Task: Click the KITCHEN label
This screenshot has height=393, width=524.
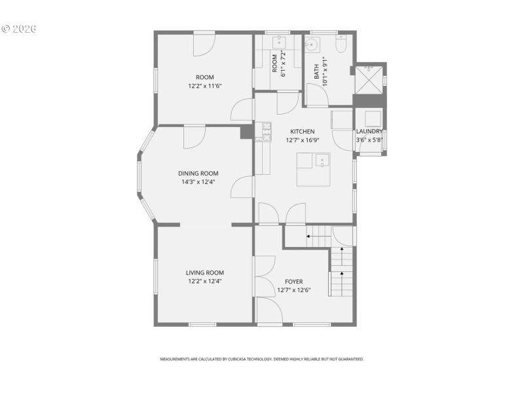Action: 303,132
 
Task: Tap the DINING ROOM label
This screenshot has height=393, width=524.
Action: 198,174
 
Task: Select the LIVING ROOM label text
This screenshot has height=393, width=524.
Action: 205,273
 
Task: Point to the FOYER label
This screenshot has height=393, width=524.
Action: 293,282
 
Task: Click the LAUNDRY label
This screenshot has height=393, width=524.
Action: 369,132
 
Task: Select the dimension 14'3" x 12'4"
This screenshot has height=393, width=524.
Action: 198,182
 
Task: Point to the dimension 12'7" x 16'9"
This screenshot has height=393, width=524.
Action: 303,140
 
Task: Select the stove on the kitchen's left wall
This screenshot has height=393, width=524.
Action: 267,131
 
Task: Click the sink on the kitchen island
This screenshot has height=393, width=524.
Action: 322,161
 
